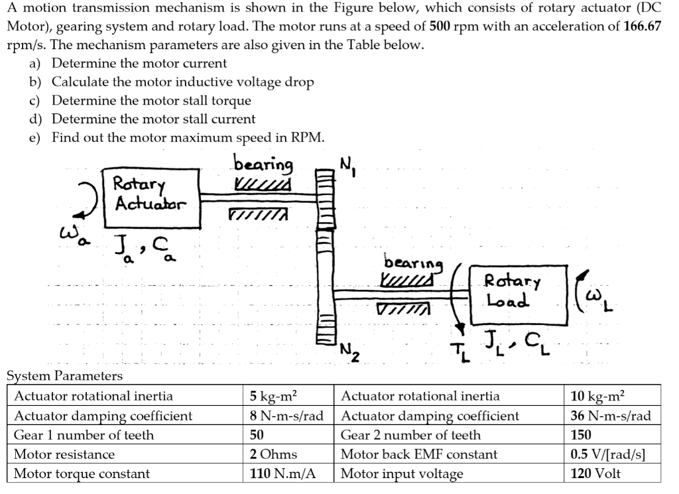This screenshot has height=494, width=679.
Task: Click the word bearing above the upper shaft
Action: (x=263, y=164)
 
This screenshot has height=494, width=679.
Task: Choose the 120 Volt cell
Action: (x=595, y=473)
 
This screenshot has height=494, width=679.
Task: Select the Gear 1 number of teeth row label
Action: (x=84, y=435)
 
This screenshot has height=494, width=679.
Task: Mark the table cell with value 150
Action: (x=582, y=435)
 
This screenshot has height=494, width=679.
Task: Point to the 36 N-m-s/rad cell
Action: (x=611, y=416)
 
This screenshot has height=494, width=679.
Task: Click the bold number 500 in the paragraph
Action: (x=441, y=27)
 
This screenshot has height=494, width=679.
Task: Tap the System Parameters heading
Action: (x=64, y=376)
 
